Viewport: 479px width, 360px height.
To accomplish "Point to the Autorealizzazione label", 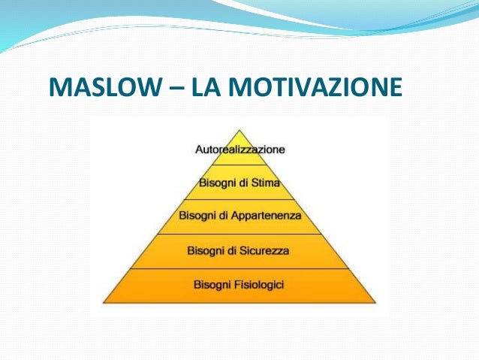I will [239, 149].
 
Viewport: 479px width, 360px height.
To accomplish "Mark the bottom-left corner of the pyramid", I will [104, 302].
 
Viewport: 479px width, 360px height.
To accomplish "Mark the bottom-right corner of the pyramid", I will [375, 302].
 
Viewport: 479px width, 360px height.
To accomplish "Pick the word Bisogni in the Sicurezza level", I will [207, 250].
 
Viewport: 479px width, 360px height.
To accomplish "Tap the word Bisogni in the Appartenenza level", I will [197, 216].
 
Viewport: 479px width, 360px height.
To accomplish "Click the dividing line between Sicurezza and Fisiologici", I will [239, 268].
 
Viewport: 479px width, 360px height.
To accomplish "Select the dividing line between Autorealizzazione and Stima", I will [239, 165].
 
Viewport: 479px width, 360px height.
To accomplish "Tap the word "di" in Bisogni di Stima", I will [243, 182].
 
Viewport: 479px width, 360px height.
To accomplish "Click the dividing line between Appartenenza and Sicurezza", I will [239, 234].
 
